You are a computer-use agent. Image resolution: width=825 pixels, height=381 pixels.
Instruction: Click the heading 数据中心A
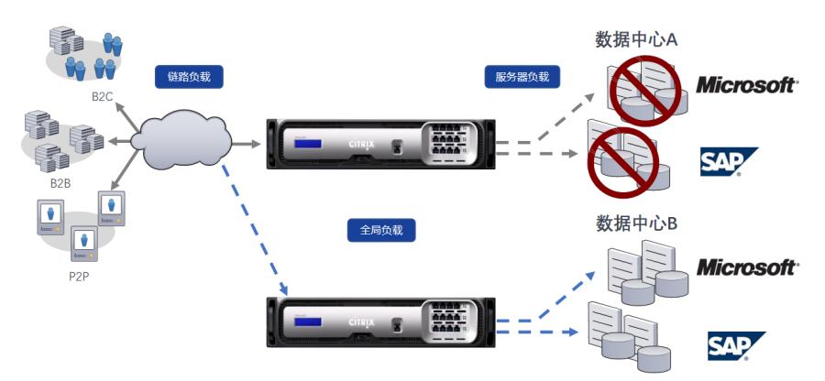[636, 38]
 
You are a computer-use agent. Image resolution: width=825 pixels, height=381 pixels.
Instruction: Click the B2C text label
[102, 94]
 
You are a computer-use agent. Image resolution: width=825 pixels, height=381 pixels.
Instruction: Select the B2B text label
[61, 182]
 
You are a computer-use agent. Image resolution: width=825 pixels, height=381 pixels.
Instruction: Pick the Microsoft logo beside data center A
[747, 85]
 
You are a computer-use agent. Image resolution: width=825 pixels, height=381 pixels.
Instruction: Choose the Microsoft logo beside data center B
[747, 267]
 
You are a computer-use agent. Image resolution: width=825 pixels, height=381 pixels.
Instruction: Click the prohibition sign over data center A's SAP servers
[622, 164]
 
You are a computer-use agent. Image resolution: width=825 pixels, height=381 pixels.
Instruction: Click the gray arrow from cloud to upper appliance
[246, 143]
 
